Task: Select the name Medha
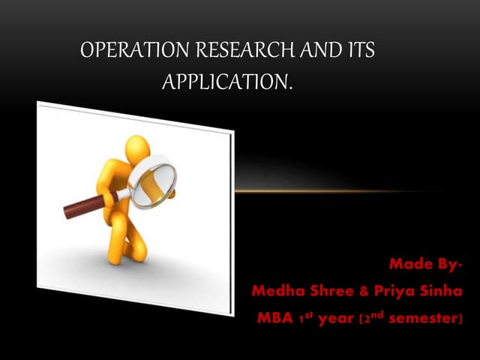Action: [x=278, y=291]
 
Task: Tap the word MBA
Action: [x=275, y=318]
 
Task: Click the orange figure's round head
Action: [x=139, y=149]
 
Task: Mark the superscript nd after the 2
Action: [x=380, y=313]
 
